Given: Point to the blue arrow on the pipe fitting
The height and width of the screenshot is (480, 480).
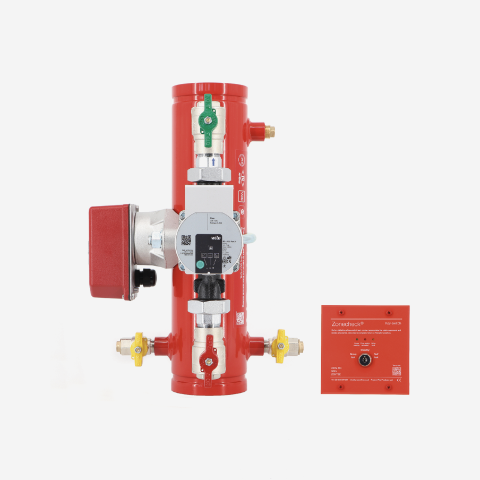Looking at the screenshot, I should coord(213,161).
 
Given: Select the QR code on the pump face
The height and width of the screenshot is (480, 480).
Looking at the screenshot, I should coord(186,241).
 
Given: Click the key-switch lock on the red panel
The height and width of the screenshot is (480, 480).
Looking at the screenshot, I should coord(365,361).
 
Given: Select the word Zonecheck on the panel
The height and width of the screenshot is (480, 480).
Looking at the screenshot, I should coord(346,323).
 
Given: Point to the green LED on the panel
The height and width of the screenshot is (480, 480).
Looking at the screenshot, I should coord(356,338).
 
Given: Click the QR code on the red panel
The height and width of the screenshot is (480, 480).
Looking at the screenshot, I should coord(397,371).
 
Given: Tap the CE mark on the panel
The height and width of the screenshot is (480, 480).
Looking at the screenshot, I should coord(399,381).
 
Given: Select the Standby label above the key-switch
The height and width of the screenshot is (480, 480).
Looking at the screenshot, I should coord(365,350).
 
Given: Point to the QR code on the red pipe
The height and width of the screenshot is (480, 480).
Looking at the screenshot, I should coord(241,318).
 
